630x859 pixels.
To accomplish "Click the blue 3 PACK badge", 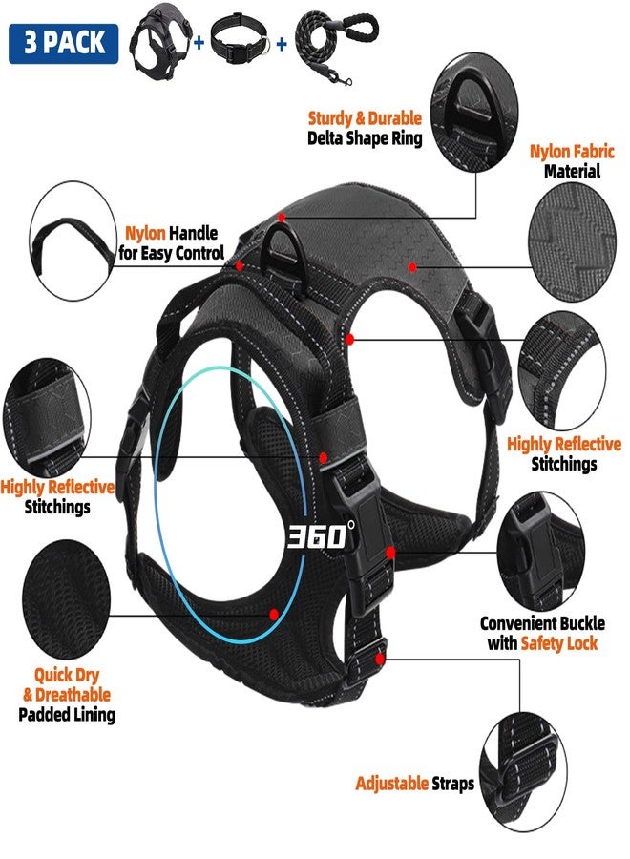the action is tap(64, 44).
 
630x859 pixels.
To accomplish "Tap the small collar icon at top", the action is tap(239, 40).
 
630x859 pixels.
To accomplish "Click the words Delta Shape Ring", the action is tap(365, 138).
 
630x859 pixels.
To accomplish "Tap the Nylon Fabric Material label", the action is tap(572, 161).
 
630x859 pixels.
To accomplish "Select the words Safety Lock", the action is tap(558, 642).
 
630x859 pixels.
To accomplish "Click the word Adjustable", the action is tap(391, 784).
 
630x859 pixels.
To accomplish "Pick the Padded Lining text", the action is tap(67, 714).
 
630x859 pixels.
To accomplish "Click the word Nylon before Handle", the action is tap(145, 233).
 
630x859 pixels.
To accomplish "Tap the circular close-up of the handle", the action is tap(73, 241).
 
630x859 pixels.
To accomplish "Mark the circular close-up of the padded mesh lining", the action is tap(66, 598).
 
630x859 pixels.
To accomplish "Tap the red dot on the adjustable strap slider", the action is tap(380, 659).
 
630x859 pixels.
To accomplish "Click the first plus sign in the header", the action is tap(199, 42).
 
